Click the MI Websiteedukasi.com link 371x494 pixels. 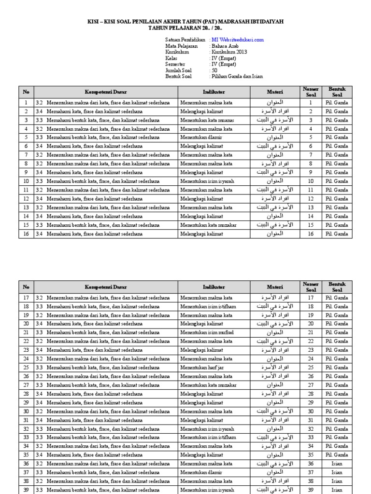point(237,40)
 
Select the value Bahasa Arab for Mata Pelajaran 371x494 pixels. point(225,46)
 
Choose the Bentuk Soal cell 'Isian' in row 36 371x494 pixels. point(337,464)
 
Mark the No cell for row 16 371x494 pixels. point(26,234)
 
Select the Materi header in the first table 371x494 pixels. point(275,92)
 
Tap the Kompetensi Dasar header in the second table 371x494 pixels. point(106,287)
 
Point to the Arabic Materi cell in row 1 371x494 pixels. point(275,103)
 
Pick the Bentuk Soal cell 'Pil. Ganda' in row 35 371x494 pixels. point(337,455)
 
